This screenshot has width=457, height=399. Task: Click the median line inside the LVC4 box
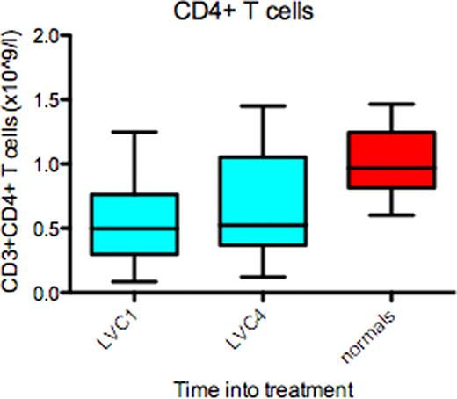click(x=263, y=225)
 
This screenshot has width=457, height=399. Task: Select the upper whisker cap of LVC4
click(x=263, y=106)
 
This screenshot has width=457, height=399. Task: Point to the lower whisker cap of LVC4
click(x=263, y=277)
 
